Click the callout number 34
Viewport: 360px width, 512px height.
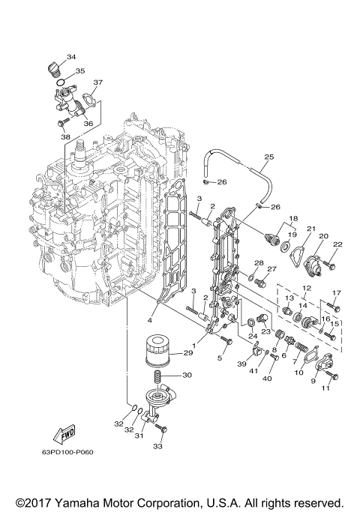point(71,57)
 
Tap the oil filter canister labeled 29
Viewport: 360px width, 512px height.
point(157,351)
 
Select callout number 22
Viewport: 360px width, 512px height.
point(337,244)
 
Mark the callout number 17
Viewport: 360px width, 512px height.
point(336,293)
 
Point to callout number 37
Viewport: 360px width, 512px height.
point(98,82)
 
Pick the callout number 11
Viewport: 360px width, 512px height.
point(325,388)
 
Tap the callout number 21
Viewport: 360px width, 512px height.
point(310,229)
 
